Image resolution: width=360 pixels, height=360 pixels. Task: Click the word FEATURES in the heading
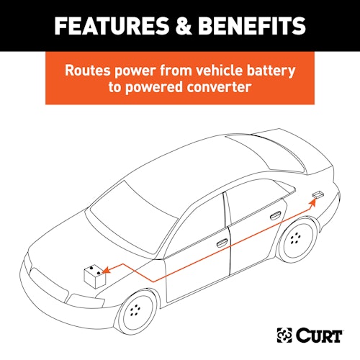pyautogui.click(x=112, y=26)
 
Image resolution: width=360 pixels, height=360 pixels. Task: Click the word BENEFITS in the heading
pyautogui.click(x=252, y=26)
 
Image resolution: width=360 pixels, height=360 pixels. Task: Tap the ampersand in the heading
pyautogui.click(x=184, y=26)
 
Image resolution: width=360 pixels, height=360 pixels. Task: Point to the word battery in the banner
pyautogui.click(x=271, y=71)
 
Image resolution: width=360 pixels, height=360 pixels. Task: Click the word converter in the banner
pyautogui.click(x=219, y=87)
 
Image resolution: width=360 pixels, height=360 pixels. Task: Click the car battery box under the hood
pyautogui.click(x=95, y=276)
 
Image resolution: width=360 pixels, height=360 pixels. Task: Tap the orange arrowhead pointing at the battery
pyautogui.click(x=107, y=270)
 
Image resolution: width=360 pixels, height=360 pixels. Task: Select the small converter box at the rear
pyautogui.click(x=318, y=194)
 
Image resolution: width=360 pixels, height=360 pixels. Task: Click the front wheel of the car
pyautogui.click(x=135, y=312)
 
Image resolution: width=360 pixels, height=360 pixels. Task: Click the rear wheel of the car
pyautogui.click(x=297, y=239)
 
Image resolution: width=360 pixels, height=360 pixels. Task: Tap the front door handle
pyautogui.click(x=222, y=243)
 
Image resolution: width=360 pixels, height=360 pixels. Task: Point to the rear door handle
pyautogui.click(x=275, y=216)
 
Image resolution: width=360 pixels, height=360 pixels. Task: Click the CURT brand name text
pyautogui.click(x=319, y=336)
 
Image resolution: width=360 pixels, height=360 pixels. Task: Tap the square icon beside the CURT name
pyautogui.click(x=284, y=335)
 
